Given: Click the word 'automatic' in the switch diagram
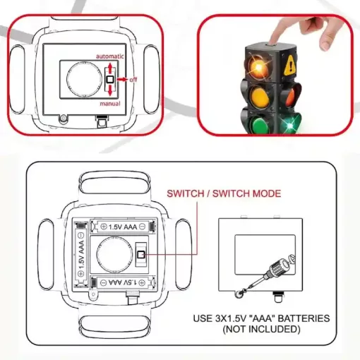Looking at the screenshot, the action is (110, 56).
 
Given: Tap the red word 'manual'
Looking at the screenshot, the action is (110, 104).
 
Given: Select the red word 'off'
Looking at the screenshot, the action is (133, 80).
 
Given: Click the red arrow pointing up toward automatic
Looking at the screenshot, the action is (110, 68).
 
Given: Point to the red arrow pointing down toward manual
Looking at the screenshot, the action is (110, 90).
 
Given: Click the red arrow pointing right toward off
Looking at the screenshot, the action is (122, 80).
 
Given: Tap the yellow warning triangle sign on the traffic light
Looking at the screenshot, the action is (290, 65).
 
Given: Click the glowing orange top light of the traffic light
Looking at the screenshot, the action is (258, 66).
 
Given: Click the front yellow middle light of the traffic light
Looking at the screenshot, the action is (260, 97).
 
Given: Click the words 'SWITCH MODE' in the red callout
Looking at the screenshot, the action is (246, 193).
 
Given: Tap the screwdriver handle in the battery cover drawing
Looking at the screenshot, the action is (277, 268).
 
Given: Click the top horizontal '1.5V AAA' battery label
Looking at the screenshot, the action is (123, 227).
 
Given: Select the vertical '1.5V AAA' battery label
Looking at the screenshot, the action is (81, 255).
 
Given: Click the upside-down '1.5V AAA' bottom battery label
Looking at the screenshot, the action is (122, 282).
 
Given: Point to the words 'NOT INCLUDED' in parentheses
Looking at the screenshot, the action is (261, 329).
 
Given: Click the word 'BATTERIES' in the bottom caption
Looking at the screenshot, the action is (304, 318).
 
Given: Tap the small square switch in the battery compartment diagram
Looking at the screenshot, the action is (141, 255).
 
